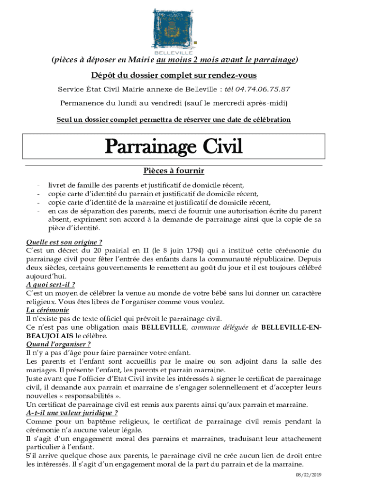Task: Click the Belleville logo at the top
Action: pyautogui.click(x=174, y=29)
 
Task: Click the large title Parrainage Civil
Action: pyautogui.click(x=174, y=147)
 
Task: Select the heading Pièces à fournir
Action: pyautogui.click(x=173, y=171)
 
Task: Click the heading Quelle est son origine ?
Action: pyautogui.click(x=64, y=242)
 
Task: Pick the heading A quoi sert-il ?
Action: pyautogui.click(x=50, y=285)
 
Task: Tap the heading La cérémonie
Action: pyautogui.click(x=47, y=310)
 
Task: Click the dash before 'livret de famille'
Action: pyautogui.click(x=37, y=185)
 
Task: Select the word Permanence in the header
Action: pyautogui.click(x=80, y=103)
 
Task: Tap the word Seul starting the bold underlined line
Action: pyautogui.click(x=64, y=120)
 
